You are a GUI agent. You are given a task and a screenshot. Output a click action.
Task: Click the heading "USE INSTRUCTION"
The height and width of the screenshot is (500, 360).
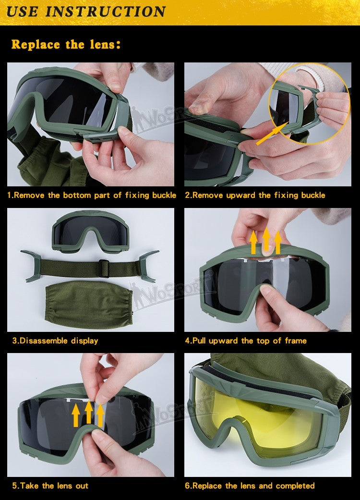(86, 12)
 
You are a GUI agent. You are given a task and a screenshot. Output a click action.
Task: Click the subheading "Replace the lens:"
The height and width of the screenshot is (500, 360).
(66, 45)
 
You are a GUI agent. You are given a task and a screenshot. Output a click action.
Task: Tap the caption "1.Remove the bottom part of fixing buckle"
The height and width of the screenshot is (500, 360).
(92, 195)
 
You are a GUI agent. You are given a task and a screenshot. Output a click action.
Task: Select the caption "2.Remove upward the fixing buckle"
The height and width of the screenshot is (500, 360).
(255, 195)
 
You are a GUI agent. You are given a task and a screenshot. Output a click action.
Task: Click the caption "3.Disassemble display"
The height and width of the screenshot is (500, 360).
(55, 341)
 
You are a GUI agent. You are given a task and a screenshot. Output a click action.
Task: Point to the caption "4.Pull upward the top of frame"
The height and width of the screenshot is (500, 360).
(246, 341)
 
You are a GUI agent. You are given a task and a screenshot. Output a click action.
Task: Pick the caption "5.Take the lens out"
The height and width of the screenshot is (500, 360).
(50, 486)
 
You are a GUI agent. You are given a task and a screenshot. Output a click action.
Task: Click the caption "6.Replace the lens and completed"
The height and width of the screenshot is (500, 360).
(250, 486)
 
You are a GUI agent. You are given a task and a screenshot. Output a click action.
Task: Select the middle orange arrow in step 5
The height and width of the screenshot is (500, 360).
(88, 414)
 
